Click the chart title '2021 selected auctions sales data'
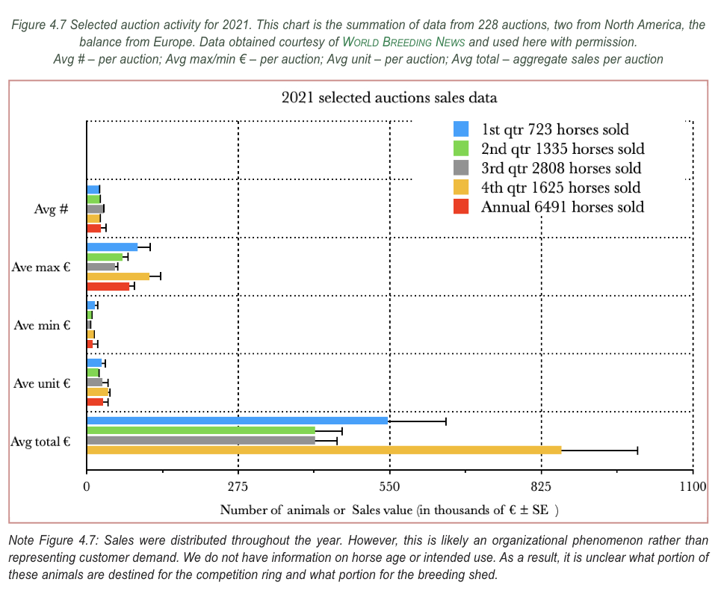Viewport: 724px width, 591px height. pyautogui.click(x=389, y=97)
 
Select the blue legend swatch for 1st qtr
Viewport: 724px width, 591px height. pyautogui.click(x=461, y=129)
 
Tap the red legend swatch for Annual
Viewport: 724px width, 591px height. pyautogui.click(x=461, y=206)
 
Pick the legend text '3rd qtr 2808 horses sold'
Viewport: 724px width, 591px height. pyautogui.click(x=560, y=168)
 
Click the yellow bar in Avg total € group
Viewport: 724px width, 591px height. pyautogui.click(x=324, y=450)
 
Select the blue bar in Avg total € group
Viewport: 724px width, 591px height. pyautogui.click(x=237, y=421)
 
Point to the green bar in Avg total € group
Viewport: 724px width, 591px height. pyautogui.click(x=200, y=430)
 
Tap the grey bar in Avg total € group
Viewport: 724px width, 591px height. pyautogui.click(x=200, y=440)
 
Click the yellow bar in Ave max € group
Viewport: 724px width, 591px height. pyautogui.click(x=117, y=276)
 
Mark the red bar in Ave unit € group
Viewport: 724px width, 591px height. pyautogui.click(x=95, y=402)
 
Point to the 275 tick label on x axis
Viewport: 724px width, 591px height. pyautogui.click(x=238, y=487)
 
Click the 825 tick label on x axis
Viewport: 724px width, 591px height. pyautogui.click(x=541, y=487)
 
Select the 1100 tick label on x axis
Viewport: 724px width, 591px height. pyautogui.click(x=693, y=487)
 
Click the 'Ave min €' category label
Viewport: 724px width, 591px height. pyautogui.click(x=42, y=325)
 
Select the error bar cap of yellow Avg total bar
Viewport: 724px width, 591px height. pyautogui.click(x=637, y=450)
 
